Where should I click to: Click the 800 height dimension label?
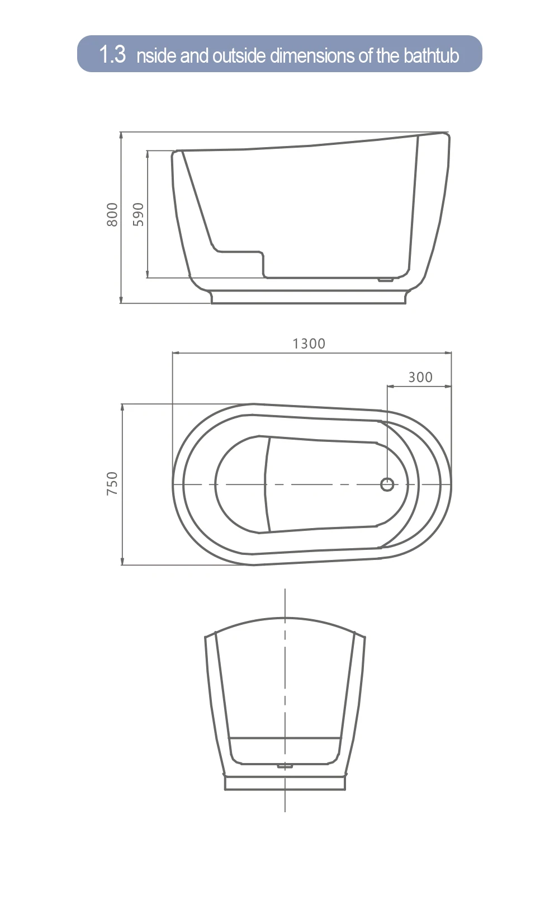pos(112,215)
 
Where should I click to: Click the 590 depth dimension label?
pos(138,215)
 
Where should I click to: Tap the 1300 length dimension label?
pos(309,343)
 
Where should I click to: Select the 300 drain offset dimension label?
pos(420,377)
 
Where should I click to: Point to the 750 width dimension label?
pos(112,483)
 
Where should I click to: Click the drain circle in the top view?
pos(387,484)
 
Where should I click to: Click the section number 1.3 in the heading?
pos(112,55)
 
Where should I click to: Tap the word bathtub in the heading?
pos(431,55)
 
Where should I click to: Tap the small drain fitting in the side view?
pos(385,280)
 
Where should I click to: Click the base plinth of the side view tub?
pos(308,297)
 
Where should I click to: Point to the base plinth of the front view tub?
pos(285,782)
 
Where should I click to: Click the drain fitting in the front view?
pos(285,766)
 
